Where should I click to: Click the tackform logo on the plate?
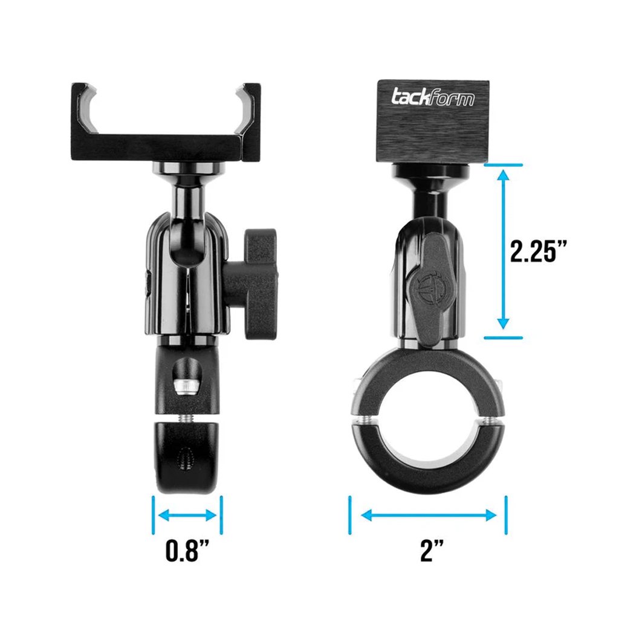(433, 97)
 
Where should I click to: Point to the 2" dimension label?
(432, 552)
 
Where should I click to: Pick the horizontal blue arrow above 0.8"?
(187, 516)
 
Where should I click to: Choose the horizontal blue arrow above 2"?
(429, 516)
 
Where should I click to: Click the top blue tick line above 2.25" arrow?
(503, 164)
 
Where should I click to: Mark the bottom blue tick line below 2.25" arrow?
(503, 337)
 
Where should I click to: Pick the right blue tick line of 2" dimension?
(505, 515)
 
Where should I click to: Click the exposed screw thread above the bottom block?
(185, 417)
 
